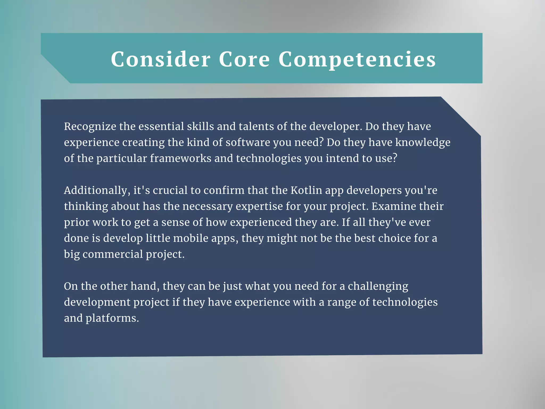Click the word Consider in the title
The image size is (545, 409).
click(x=160, y=59)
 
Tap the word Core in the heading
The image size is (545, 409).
click(x=244, y=59)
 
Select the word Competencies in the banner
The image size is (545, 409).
click(x=357, y=60)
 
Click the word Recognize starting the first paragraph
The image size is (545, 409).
click(x=90, y=126)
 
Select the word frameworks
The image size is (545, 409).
click(x=180, y=158)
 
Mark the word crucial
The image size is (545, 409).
click(x=170, y=190)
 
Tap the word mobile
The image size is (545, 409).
click(x=191, y=238)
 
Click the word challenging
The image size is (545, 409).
click(x=378, y=286)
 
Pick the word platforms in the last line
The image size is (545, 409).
click(x=112, y=318)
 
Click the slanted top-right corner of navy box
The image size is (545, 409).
click(x=461, y=116)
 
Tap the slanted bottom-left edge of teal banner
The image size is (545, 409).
click(x=55, y=69)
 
